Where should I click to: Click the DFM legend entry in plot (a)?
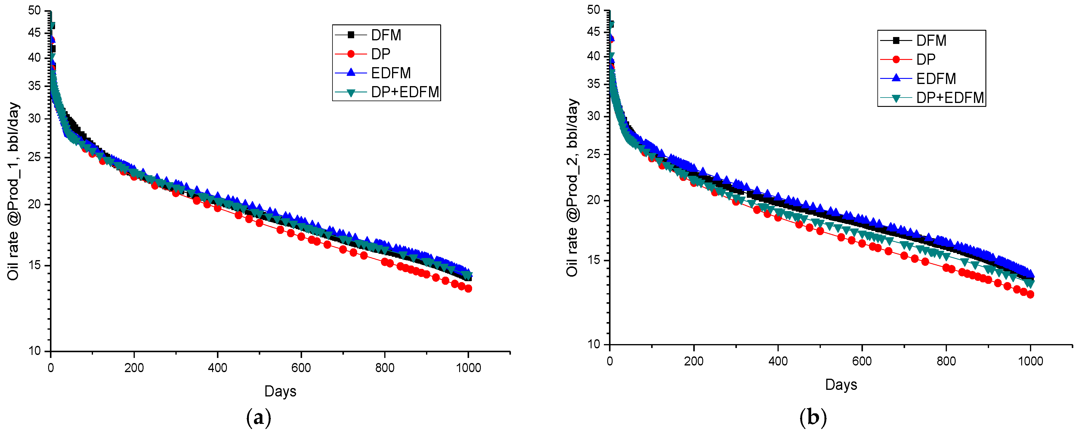pos(385,35)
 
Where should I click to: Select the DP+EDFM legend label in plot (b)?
pos(950,98)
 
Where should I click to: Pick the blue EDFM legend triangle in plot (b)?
pos(896,78)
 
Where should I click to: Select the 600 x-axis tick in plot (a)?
pos(301,368)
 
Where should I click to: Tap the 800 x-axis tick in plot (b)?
pos(946,361)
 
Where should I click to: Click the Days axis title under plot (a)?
pos(280,391)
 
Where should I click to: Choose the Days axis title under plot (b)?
pos(841,385)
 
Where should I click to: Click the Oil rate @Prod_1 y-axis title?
pos(14,191)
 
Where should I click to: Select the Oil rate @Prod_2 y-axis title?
pos(572,187)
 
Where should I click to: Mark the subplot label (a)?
pos(259,418)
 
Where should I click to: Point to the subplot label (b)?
pos(813,418)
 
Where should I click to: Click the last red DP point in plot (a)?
pos(468,288)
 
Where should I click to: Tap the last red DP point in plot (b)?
pos(1030,294)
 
